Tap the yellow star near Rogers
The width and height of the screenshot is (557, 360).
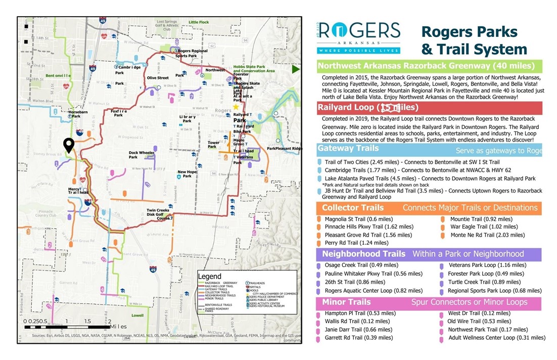point(236,107)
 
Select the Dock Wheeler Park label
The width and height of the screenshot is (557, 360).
point(142,155)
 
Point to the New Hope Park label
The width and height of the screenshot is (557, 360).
point(187,174)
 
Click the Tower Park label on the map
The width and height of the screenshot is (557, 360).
point(214,145)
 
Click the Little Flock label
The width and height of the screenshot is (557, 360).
point(198,23)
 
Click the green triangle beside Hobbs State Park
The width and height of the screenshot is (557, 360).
point(296,69)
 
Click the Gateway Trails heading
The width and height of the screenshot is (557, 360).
point(348,149)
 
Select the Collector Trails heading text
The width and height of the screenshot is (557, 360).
point(353,208)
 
